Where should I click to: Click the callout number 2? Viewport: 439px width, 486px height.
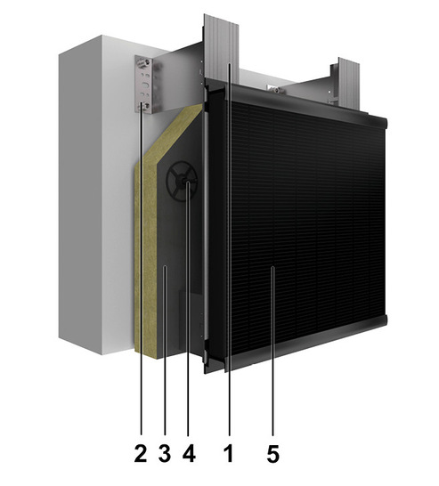coord(141,453)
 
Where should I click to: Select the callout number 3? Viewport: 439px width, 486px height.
coord(165,453)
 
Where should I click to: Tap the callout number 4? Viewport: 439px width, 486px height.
coord(189,453)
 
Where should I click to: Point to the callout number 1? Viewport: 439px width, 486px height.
coord(229,453)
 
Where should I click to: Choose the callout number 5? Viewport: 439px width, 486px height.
coord(272,453)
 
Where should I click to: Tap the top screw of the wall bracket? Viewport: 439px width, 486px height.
coord(148,62)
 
